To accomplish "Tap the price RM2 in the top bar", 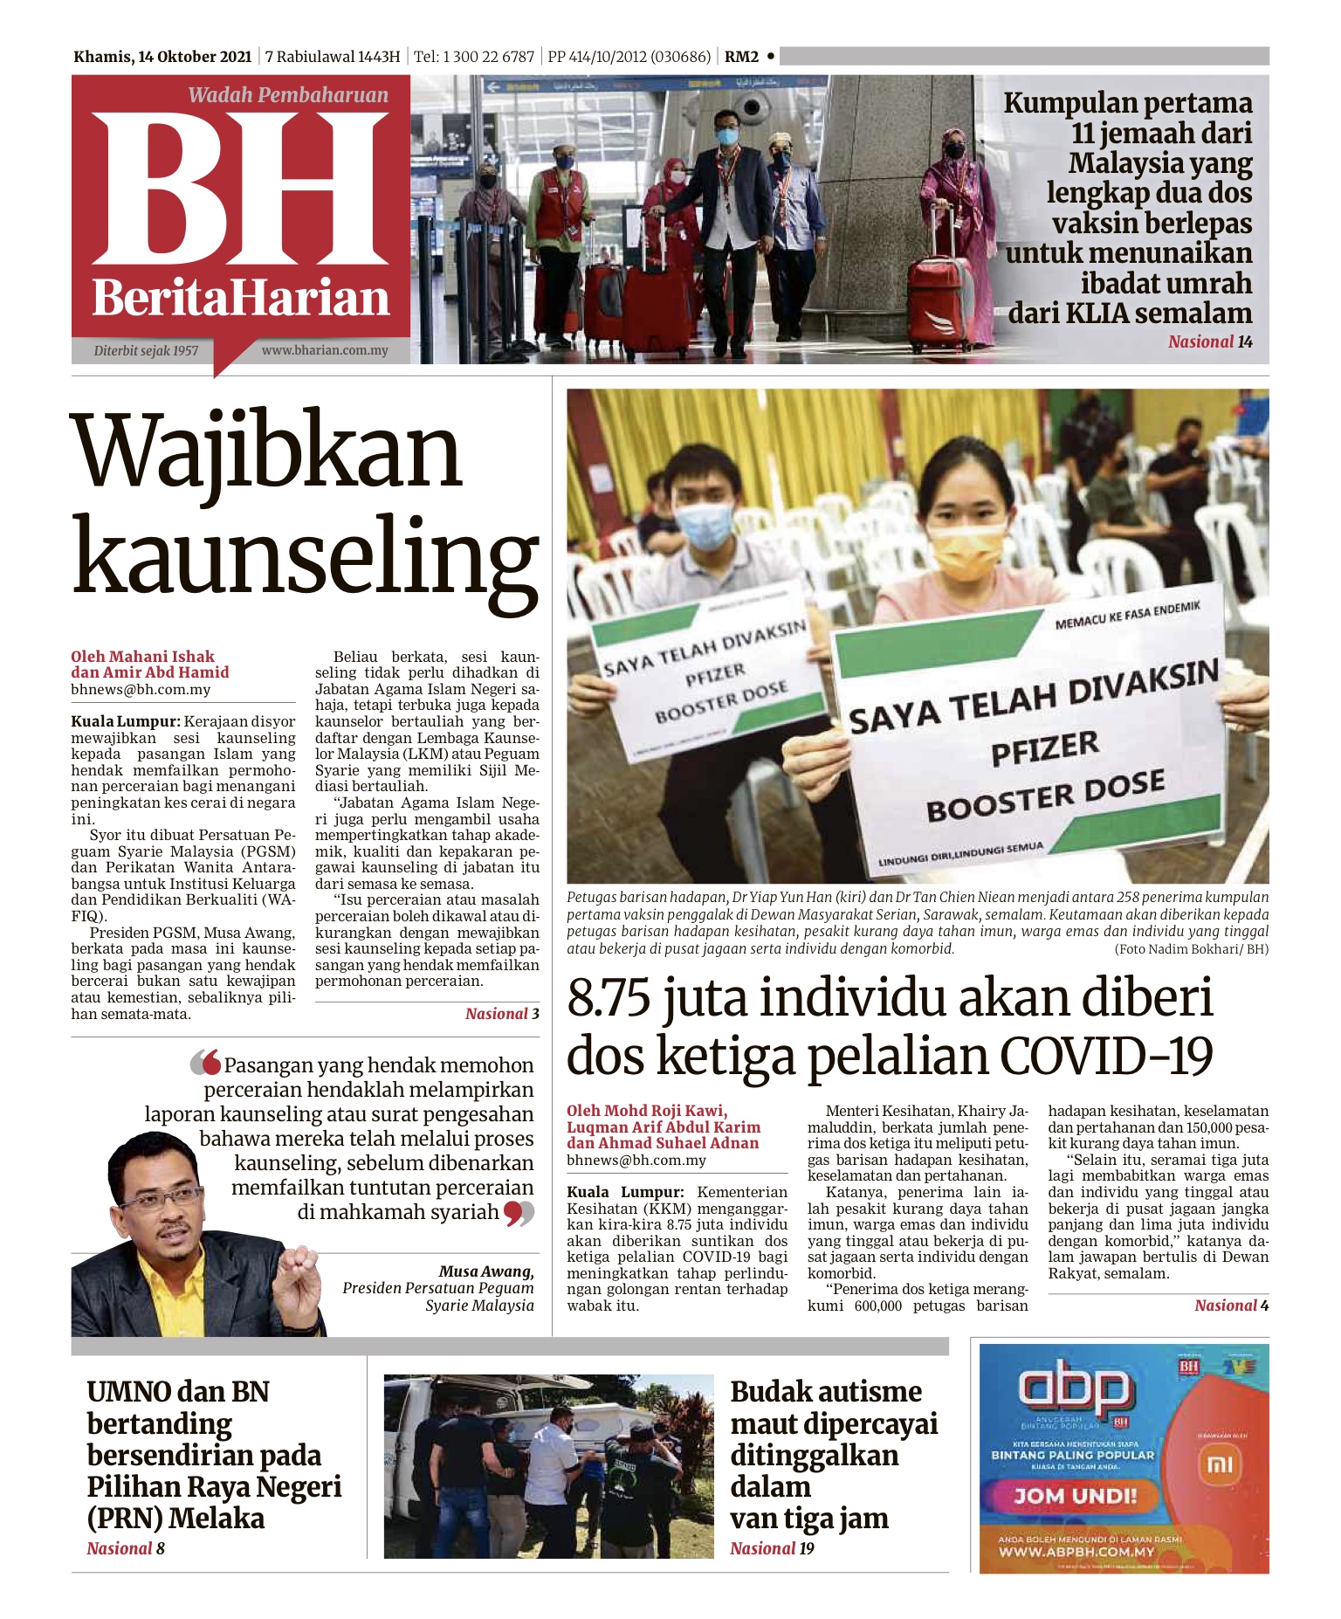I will pyautogui.click(x=741, y=57).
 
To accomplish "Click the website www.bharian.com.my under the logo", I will pyautogui.click(x=324, y=350).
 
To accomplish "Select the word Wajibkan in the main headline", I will pyautogui.click(x=269, y=451).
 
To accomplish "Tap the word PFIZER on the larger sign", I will pyautogui.click(x=1044, y=749).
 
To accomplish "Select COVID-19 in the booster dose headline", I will pyautogui.click(x=1106, y=1055).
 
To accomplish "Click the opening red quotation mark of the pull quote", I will pyautogui.click(x=206, y=1062).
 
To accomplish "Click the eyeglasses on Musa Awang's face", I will pyautogui.click(x=162, y=1197).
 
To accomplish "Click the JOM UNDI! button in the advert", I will pyautogui.click(x=1075, y=1496).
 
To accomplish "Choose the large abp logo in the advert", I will pyautogui.click(x=1075, y=1391).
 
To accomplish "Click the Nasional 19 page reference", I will pyautogui.click(x=772, y=1548).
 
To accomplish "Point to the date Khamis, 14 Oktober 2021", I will pyautogui.click(x=162, y=57).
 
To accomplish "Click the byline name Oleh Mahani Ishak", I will pyautogui.click(x=142, y=656).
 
